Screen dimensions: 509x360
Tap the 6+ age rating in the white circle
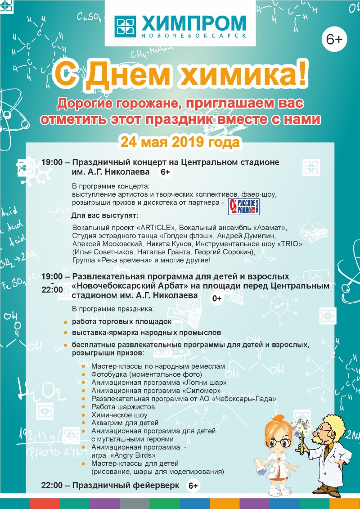coord(334,40)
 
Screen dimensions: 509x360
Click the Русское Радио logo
coord(244,207)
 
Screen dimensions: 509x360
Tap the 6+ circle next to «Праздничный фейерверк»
coord(193,486)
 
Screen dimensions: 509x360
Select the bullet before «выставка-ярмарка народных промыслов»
coord(66,333)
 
